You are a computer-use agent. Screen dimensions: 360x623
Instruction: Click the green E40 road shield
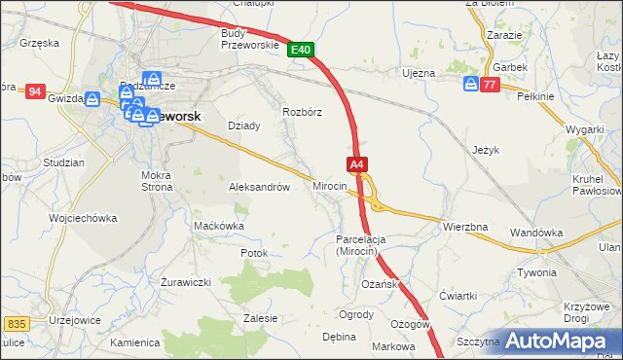click(301, 49)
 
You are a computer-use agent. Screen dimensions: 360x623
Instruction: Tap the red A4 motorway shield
click(357, 165)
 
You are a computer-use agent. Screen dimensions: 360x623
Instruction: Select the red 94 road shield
click(35, 91)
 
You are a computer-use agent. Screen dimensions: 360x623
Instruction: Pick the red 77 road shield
click(490, 85)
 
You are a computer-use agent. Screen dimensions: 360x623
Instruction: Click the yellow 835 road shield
click(16, 323)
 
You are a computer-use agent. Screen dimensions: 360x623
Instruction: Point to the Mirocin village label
click(329, 185)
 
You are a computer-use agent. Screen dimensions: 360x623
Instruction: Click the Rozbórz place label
click(302, 112)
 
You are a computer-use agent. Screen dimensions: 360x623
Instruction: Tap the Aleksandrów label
click(259, 187)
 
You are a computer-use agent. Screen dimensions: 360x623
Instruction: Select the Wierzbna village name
click(464, 227)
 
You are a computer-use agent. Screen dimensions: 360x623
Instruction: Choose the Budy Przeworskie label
click(250, 38)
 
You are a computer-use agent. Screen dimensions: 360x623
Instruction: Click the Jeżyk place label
click(486, 151)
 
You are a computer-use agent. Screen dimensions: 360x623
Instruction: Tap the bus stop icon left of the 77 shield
click(470, 85)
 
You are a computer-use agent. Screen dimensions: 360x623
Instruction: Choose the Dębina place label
click(339, 337)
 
